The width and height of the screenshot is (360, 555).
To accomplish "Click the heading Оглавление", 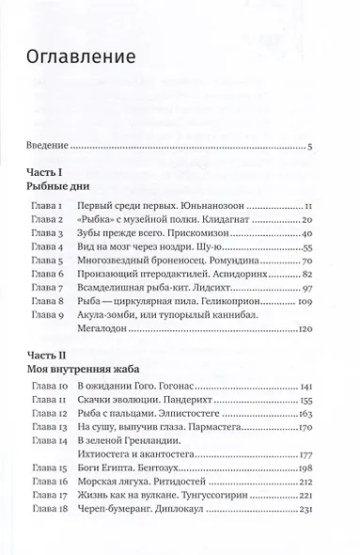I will [x=83, y=55].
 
